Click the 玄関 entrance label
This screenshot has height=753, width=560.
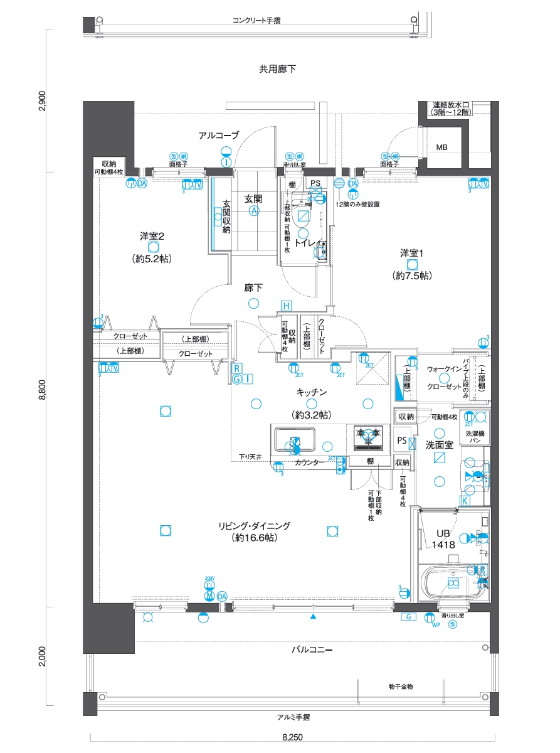click(253, 199)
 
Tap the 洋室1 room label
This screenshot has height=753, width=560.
click(413, 253)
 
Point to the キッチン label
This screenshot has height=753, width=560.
click(311, 392)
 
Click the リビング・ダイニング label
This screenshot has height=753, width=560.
click(255, 526)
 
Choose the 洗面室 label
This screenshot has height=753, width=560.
click(440, 444)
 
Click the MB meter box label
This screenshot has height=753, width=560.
click(442, 147)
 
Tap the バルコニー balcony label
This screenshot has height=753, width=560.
click(312, 650)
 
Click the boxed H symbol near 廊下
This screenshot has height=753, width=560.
click(286, 306)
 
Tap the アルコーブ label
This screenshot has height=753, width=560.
click(219, 136)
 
